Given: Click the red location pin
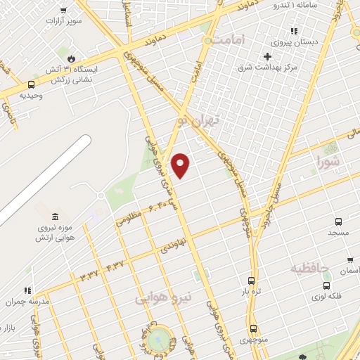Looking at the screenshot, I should point(181,166).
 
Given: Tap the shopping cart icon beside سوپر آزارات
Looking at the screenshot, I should point(63,11).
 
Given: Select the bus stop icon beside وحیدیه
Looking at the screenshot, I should point(31,84).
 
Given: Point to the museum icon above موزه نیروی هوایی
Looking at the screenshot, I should point(55,214).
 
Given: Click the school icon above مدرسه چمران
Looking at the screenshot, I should point(28,290).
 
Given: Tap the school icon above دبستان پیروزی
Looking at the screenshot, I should point(294,31).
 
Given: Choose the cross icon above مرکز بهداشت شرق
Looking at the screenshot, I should point(267,56).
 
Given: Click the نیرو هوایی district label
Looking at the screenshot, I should point(162,298).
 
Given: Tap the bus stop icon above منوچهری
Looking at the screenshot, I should point(253,328).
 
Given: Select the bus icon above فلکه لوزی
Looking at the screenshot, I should point(327,285).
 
